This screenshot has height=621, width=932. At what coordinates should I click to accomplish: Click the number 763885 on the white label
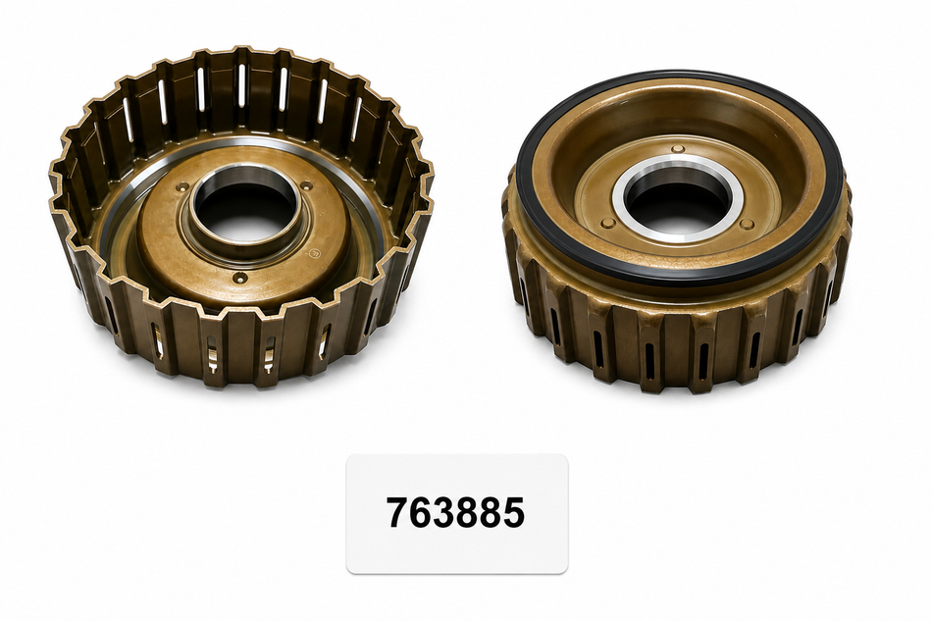(x=455, y=512)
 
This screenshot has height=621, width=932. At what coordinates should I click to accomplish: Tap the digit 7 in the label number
(x=397, y=512)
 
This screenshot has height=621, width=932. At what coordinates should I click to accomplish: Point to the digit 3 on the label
(x=443, y=512)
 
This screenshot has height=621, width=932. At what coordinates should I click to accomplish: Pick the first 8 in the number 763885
(x=467, y=512)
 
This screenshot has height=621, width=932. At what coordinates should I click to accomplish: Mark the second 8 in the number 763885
(x=491, y=512)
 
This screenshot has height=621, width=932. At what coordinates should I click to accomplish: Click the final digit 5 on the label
(x=513, y=512)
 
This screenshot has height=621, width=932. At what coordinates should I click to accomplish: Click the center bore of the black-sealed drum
(x=678, y=199)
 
